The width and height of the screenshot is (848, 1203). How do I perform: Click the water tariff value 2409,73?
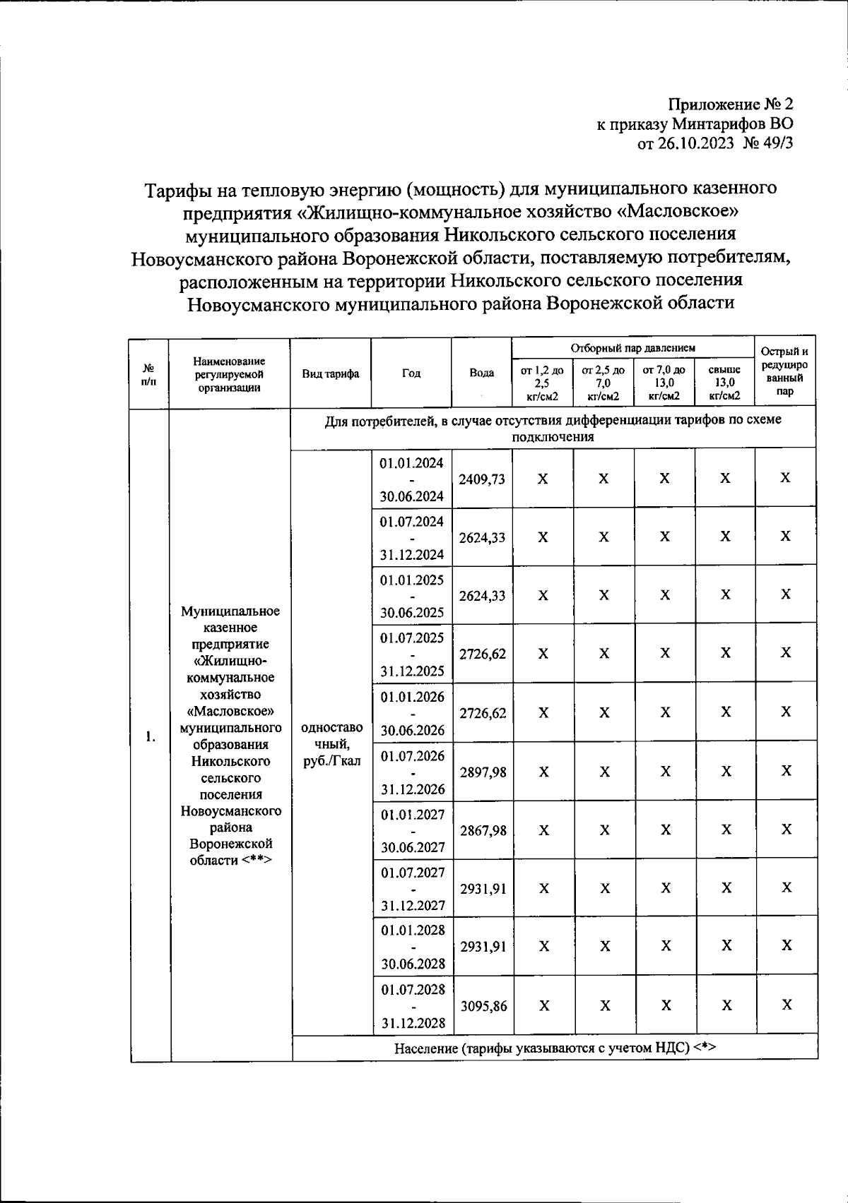(x=482, y=479)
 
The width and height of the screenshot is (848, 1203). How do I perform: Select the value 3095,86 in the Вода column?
(x=483, y=1006)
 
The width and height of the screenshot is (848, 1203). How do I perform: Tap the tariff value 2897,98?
(x=483, y=772)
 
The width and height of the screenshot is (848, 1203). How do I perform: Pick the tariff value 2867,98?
(x=483, y=830)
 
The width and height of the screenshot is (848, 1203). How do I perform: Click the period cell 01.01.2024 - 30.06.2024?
(x=411, y=479)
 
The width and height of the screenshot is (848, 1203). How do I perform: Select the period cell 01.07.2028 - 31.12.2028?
(x=413, y=1006)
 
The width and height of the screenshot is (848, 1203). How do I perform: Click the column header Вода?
(x=482, y=373)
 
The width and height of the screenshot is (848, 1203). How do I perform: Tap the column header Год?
(x=411, y=373)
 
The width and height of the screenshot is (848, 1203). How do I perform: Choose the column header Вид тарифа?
(x=331, y=373)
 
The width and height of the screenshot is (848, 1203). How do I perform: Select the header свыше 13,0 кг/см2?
(x=724, y=382)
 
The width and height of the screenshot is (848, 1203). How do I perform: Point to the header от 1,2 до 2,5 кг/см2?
(x=542, y=382)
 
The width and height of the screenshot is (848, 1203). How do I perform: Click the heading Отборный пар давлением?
(x=632, y=347)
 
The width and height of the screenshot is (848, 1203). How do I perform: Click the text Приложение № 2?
(x=731, y=104)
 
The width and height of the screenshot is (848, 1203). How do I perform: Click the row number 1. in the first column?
(x=150, y=736)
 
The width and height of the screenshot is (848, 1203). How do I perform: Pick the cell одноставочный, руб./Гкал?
(x=332, y=744)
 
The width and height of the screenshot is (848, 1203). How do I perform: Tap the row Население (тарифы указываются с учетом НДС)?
(x=555, y=1048)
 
